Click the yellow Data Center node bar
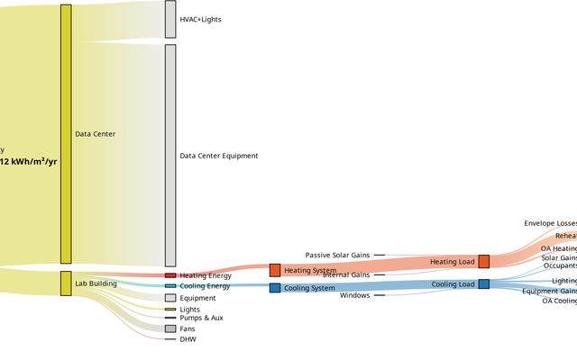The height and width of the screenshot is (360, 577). [x=66, y=134]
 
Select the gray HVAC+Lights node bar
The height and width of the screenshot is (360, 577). [x=170, y=19]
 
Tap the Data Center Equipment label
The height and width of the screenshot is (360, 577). [x=218, y=156]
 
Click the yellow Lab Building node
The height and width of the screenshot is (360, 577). [x=66, y=283]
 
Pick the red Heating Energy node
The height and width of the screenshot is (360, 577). [x=170, y=275]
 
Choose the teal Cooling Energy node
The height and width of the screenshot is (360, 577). [x=170, y=286]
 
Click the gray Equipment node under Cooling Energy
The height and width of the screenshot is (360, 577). [x=170, y=298]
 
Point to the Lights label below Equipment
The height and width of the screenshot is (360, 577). [x=189, y=310]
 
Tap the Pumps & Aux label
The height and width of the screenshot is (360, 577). [x=201, y=318]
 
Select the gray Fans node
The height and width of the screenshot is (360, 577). [x=170, y=328]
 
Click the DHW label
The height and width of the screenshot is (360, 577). [x=188, y=339]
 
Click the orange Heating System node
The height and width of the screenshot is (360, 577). [x=275, y=270]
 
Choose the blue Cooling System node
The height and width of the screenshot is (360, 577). [x=275, y=288]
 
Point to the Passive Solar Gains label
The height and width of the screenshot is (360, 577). [x=337, y=256]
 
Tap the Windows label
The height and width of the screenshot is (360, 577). [x=354, y=295]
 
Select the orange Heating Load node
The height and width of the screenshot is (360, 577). [x=484, y=262]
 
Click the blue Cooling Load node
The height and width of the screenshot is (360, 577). [x=484, y=284]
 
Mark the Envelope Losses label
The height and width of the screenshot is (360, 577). [x=550, y=223]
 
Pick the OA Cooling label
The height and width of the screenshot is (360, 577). [x=559, y=301]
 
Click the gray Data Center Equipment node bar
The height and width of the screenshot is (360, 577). [x=170, y=156]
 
